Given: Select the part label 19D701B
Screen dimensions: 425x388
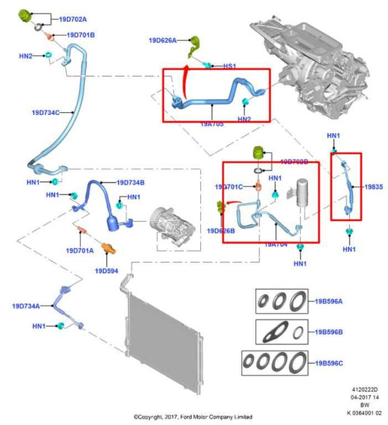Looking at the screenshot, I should click(x=80, y=34).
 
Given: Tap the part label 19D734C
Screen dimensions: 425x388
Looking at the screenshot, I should click(x=45, y=113).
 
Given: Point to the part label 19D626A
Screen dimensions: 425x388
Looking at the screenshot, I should click(x=163, y=41).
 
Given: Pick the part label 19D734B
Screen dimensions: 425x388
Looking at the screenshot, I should click(x=130, y=182).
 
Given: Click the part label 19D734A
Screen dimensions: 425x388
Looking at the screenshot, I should click(x=26, y=306).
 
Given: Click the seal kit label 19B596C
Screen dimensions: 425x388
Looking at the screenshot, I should click(x=328, y=362).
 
